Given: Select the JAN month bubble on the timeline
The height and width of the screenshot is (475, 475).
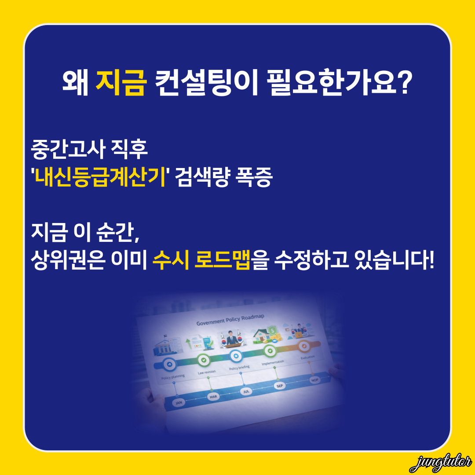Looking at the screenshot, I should click(x=179, y=402).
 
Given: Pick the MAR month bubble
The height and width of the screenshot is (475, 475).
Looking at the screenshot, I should click(x=213, y=397).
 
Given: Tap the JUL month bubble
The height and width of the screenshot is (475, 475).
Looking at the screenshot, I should click(x=246, y=391).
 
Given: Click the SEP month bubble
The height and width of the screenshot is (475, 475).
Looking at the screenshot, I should click(x=280, y=386).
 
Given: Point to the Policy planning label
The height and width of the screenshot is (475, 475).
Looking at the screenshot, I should click(x=172, y=376).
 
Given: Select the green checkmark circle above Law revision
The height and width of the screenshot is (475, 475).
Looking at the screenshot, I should click(x=204, y=360).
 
